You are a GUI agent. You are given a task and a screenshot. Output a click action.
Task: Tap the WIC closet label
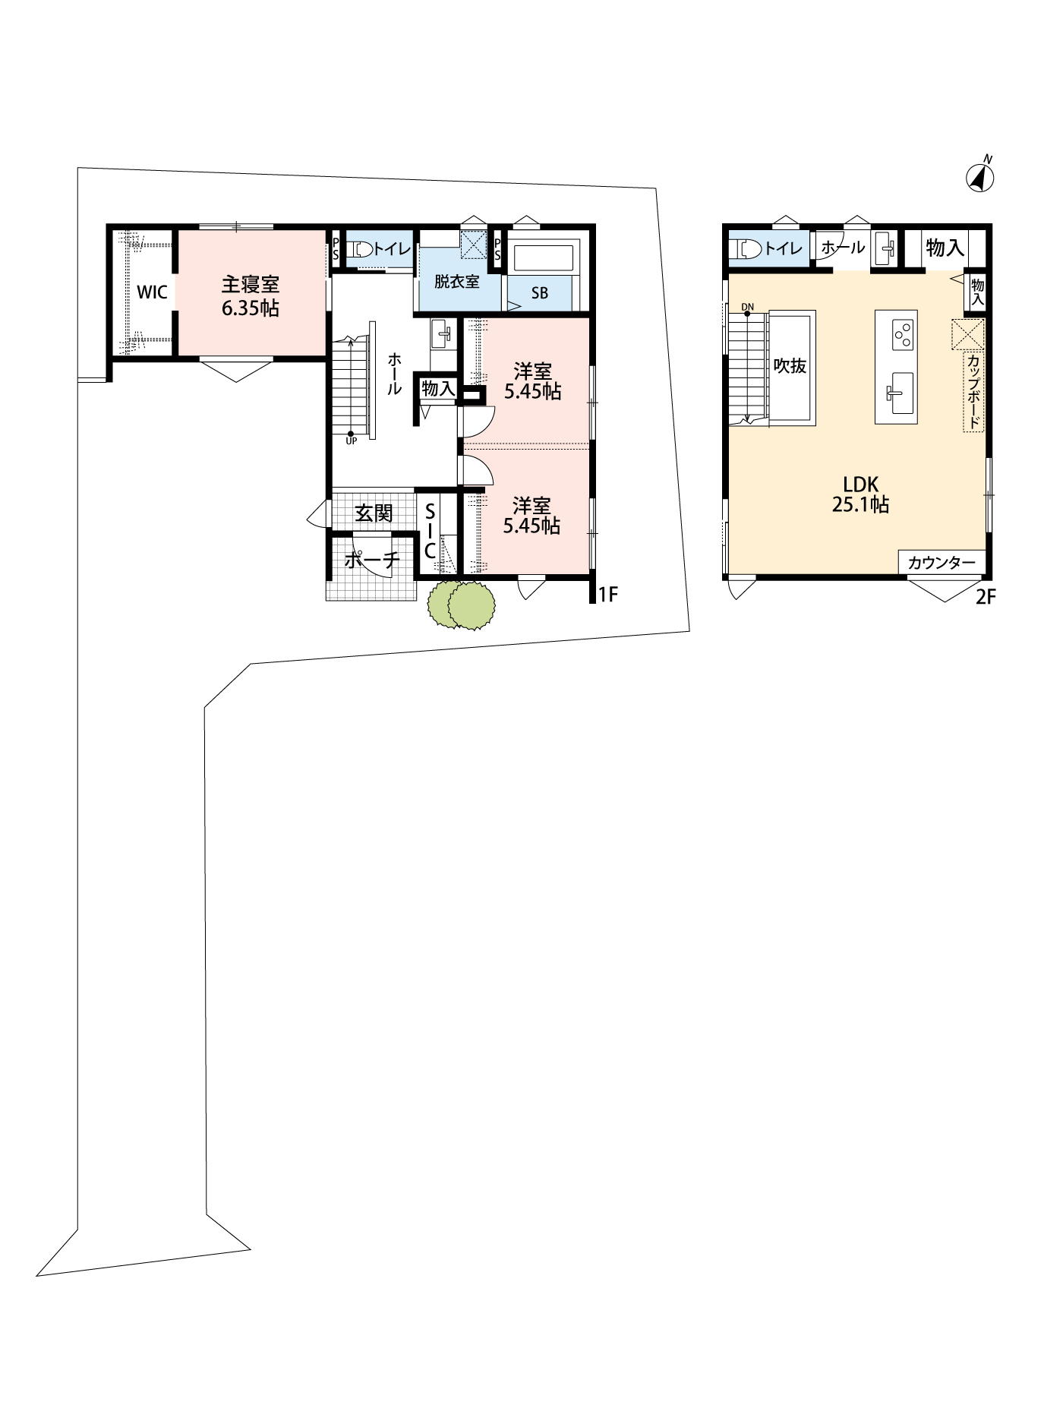pyautogui.click(x=152, y=292)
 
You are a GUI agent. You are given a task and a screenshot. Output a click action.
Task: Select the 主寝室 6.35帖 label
pyautogui.click(x=251, y=296)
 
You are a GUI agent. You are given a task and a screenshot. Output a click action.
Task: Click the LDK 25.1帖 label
pyautogui.click(x=860, y=494)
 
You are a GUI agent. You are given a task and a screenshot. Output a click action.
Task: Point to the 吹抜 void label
pyautogui.click(x=790, y=365)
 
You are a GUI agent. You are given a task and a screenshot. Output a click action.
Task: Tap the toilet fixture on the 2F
pyautogui.click(x=749, y=248)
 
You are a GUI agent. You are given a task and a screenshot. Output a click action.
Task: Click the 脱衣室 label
pyautogui.click(x=457, y=281)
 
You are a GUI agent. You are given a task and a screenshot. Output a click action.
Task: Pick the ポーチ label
pyautogui.click(x=371, y=560)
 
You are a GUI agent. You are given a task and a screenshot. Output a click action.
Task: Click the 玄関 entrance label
pyautogui.click(x=374, y=514)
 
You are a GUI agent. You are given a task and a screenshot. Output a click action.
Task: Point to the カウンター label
pyautogui.click(x=941, y=562)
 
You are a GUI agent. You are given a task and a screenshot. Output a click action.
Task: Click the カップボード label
pyautogui.click(x=973, y=392)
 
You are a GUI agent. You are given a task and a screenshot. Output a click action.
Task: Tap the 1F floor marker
pyautogui.click(x=607, y=595)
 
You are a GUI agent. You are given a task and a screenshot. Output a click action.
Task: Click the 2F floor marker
pyautogui.click(x=985, y=597)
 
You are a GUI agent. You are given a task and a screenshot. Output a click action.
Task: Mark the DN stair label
pyautogui.click(x=748, y=307)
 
